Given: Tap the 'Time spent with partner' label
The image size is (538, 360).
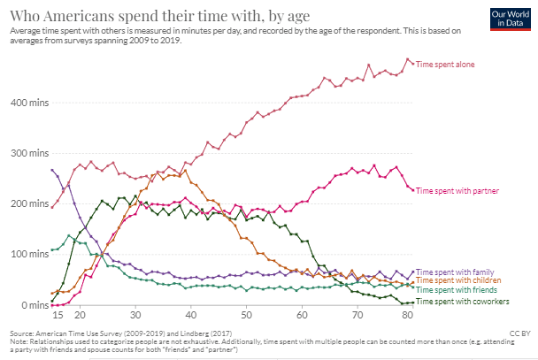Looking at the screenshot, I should click(457, 190).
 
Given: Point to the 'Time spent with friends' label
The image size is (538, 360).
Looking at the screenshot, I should click(457, 289).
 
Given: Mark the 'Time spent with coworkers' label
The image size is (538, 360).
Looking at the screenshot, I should click(461, 302).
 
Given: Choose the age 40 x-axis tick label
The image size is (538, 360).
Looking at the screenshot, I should click(191, 315).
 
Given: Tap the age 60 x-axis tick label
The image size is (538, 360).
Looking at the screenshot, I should click(303, 315).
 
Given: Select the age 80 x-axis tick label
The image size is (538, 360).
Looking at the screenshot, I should click(414, 315).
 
